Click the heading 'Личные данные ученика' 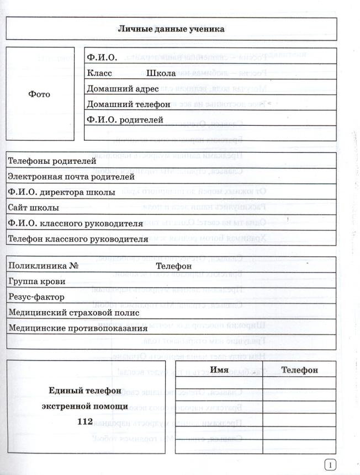point(171,29)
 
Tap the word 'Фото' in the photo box point(39,94)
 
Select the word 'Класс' point(99,73)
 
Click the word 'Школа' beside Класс point(161,73)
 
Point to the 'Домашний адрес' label point(123,88)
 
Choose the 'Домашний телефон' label point(128,104)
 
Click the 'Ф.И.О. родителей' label point(125,119)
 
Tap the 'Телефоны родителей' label point(52,161)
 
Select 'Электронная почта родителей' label point(71,177)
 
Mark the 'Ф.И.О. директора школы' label point(61,193)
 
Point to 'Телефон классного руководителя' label point(78,239)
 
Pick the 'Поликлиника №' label point(44,265)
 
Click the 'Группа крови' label point(36,281)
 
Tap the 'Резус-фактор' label point(36,297)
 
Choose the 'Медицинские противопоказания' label point(78,328)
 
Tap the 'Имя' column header point(219,370)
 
